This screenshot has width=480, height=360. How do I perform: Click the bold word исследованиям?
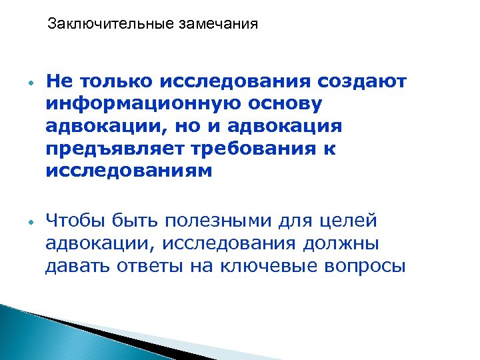click(x=129, y=171)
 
